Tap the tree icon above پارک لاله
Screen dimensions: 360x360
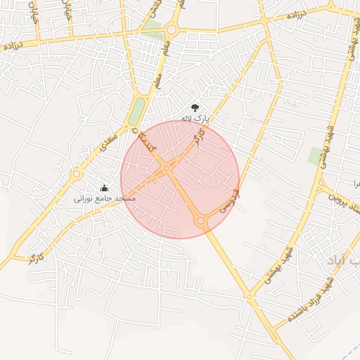click(195, 108)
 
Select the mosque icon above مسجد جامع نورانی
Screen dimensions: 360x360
click(105, 188)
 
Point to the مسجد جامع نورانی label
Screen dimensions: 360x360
click(104, 199)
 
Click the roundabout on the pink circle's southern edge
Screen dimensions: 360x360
click(201, 221)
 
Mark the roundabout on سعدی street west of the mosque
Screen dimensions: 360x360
click(76, 173)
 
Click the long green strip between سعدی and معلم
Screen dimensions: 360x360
click(138, 111)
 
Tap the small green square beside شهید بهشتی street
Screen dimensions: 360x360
click(314, 155)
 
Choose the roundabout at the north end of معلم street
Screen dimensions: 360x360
click(172, 30)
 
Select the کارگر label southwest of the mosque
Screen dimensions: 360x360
click(35, 257)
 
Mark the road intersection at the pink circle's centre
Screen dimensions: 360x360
click(165, 167)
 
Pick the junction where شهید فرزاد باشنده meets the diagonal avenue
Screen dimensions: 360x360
click(249, 297)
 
